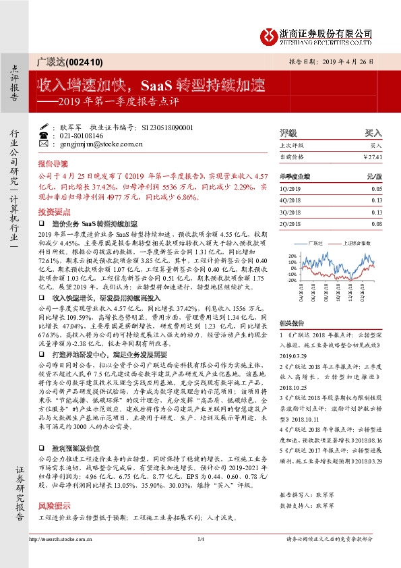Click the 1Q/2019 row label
(289, 189)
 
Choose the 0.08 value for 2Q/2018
(375, 223)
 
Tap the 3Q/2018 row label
(289, 212)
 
